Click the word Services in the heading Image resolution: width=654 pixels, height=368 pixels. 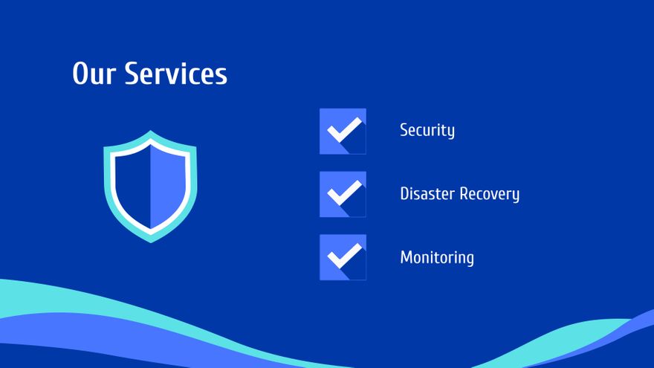(x=176, y=74)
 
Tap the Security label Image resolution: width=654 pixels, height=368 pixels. (x=427, y=131)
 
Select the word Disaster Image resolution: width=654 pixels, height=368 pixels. (x=427, y=193)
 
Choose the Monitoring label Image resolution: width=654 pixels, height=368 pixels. (x=437, y=258)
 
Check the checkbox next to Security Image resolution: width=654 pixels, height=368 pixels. (x=343, y=132)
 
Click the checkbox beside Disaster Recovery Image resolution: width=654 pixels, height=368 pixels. (x=343, y=195)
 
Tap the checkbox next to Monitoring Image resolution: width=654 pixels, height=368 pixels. (x=343, y=257)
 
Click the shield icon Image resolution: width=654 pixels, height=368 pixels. (x=150, y=187)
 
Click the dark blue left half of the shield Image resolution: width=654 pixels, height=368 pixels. (x=132, y=186)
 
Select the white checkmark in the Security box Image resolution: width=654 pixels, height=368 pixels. (x=345, y=130)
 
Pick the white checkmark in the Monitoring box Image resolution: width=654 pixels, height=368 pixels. (x=345, y=256)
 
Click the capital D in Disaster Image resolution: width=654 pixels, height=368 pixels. (x=405, y=193)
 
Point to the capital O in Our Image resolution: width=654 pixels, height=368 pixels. (x=81, y=74)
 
